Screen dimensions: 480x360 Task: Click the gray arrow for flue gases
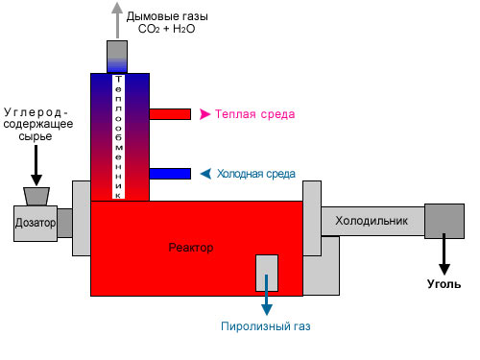(x=117, y=20)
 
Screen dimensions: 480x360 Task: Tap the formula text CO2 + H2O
(x=166, y=29)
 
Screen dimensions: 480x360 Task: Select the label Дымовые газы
(x=167, y=16)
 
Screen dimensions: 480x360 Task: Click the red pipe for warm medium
(x=170, y=114)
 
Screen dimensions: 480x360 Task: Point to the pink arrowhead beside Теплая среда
(x=204, y=114)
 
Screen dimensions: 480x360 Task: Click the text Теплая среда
(x=254, y=114)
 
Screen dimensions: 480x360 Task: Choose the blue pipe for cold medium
(x=170, y=174)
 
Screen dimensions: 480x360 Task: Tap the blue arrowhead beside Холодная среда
(x=205, y=174)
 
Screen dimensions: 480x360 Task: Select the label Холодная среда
(x=256, y=174)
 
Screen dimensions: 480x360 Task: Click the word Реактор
(x=191, y=248)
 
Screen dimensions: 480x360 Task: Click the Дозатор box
(x=36, y=224)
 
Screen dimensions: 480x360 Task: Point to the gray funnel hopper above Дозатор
(x=36, y=197)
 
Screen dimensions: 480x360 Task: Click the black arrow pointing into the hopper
(x=36, y=165)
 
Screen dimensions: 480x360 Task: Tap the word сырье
(x=36, y=136)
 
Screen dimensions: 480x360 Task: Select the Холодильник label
(x=372, y=221)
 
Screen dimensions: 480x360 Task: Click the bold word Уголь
(x=444, y=284)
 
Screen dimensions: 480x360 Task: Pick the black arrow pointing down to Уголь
(x=444, y=254)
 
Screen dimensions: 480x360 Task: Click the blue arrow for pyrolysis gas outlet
(x=267, y=295)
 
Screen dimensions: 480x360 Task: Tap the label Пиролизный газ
(x=266, y=326)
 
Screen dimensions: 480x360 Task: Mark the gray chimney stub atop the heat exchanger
(x=117, y=57)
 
